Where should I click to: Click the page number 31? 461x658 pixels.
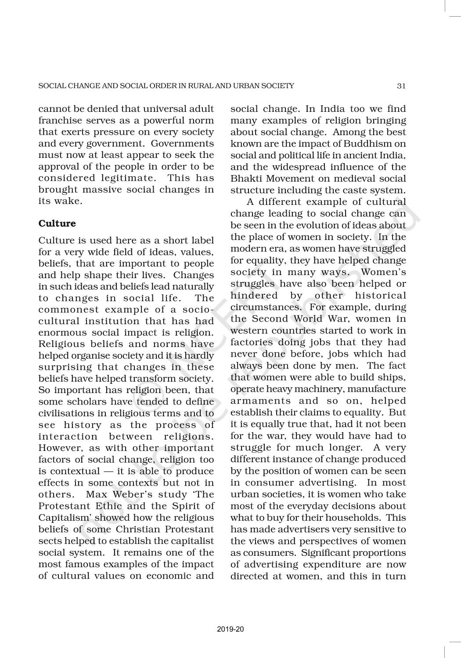[401, 86]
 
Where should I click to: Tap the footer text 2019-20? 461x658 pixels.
[230, 629]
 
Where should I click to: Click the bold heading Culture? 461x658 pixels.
[57, 223]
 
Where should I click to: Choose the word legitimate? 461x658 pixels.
[126, 178]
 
